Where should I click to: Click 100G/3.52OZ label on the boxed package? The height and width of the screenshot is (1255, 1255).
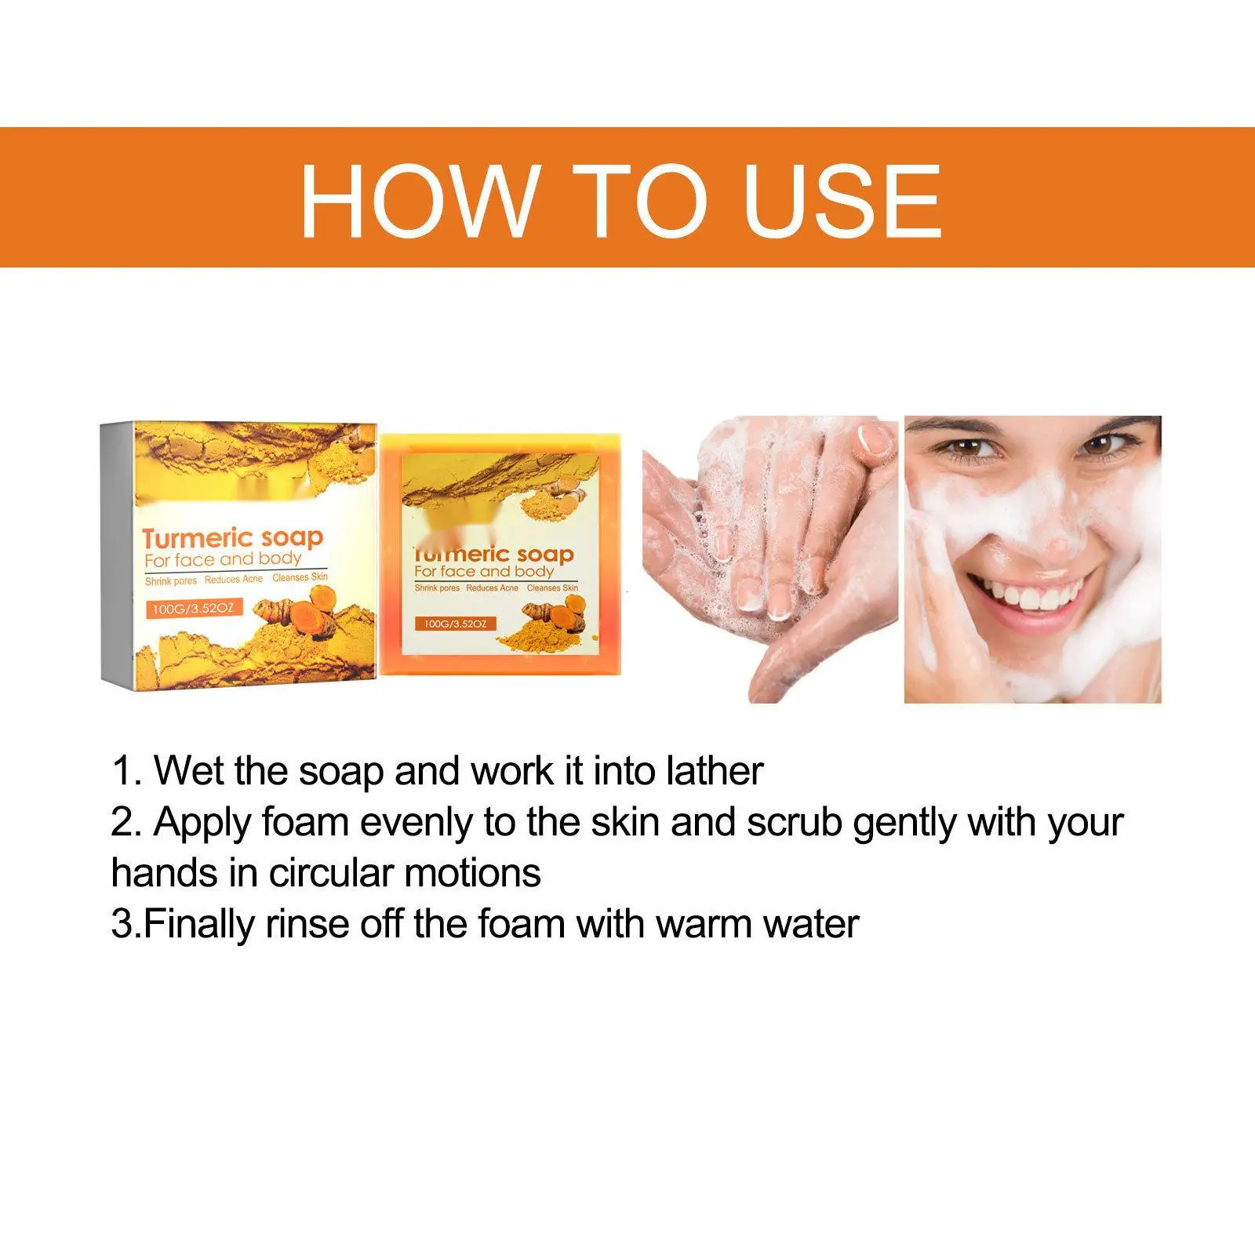tap(194, 608)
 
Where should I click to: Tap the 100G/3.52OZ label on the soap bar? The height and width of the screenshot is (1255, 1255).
tap(456, 624)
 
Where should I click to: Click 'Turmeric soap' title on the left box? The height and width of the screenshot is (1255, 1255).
tap(233, 538)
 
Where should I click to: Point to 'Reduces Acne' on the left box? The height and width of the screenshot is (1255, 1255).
tap(234, 580)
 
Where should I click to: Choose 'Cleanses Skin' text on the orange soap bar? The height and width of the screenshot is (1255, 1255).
tap(553, 587)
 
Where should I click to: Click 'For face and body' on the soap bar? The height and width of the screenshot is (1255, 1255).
tap(484, 571)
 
